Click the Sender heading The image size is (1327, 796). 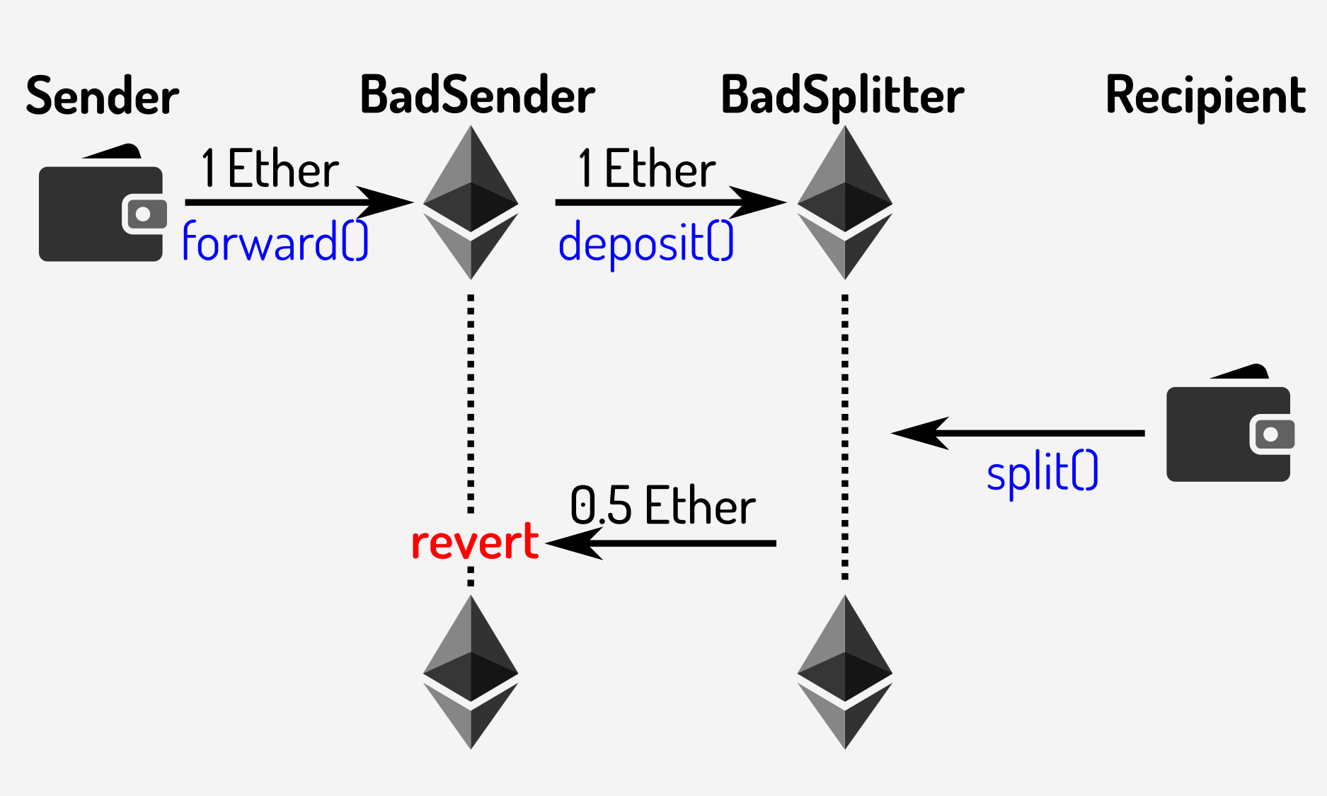click(x=103, y=96)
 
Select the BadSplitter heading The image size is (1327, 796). click(x=842, y=96)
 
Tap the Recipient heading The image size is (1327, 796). click(x=1205, y=96)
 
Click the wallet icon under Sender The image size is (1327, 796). click(x=101, y=209)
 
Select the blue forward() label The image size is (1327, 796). click(x=275, y=242)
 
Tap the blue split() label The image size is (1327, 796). click(x=1042, y=473)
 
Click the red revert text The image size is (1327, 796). click(x=475, y=542)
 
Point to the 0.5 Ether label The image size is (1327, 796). click(x=662, y=506)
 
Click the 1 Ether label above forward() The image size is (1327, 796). click(x=270, y=169)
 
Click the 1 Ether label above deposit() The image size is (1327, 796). click(x=646, y=169)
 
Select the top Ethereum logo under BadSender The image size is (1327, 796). click(x=471, y=202)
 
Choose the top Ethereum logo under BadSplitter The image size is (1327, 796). click(x=844, y=202)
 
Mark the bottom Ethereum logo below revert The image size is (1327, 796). click(x=471, y=672)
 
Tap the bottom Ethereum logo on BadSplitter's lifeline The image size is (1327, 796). click(x=844, y=672)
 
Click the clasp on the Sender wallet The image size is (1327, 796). click(x=144, y=214)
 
